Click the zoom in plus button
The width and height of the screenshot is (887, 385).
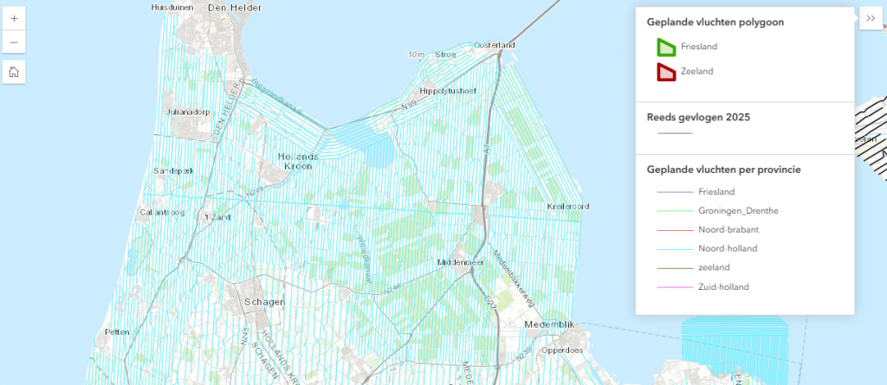[14, 18]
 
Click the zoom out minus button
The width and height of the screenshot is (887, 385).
[14, 42]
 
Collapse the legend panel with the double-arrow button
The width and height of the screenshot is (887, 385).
[871, 18]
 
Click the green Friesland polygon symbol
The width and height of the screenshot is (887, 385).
[666, 47]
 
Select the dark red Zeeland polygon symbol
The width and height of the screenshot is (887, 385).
[666, 72]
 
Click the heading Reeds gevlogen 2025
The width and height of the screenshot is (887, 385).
[698, 117]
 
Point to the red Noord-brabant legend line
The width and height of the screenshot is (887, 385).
[675, 229]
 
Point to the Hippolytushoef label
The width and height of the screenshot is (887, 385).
[448, 90]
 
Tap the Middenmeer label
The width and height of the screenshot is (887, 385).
[459, 261]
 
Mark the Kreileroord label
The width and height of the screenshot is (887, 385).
[568, 207]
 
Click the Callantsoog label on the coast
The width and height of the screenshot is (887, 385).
[163, 212]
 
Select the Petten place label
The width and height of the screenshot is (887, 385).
[117, 331]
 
